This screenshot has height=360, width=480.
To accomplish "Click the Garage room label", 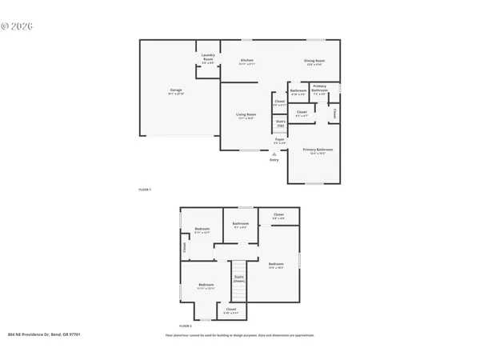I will coord(175,92).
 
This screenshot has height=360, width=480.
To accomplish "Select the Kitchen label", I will coord(247,62).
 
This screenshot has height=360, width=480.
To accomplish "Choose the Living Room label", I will coord(245,117).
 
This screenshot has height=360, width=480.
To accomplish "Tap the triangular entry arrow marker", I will coord(274,153).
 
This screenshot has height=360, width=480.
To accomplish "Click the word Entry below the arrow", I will coord(274,160).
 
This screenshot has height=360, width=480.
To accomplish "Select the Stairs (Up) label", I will coord(280,124).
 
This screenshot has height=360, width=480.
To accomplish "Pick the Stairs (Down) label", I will coord(239,279).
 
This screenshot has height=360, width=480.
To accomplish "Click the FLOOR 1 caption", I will coord(145,189).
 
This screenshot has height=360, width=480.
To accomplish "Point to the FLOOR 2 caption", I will coord(186,326).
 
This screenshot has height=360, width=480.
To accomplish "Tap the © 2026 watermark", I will coord(16,26).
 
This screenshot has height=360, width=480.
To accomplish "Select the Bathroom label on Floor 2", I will coord(240,225).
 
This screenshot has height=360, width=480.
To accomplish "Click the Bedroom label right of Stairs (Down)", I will coord(276,266).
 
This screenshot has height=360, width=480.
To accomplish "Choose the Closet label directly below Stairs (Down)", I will coord(230,310).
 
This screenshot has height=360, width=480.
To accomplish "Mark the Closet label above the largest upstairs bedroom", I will coord(278,215).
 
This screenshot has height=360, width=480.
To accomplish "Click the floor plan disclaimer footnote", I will coord(239,334).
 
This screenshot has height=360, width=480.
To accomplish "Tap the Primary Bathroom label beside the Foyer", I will coord(318,150).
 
